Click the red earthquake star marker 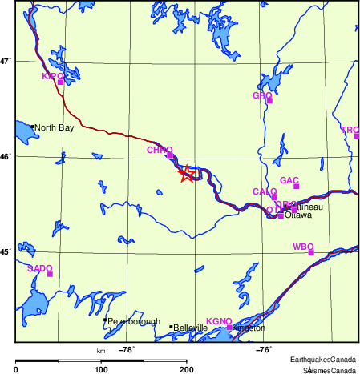pos(186,174)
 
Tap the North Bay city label pos(54,127)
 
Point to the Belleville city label pos(191,328)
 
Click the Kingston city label pos(248,328)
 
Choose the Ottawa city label pos(298,215)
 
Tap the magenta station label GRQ pos(262,96)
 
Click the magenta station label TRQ pos(350,130)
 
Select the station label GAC pos(289,180)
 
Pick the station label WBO pos(302,246)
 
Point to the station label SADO pos(39,268)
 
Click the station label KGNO pos(219,321)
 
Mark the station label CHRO pos(160,150)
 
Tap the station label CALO pos(265,192)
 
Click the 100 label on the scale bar pos(101,369)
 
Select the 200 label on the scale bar pos(186,369)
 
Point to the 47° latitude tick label pos(4,61)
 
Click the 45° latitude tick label pos(4,252)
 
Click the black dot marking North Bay pos(32,127)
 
